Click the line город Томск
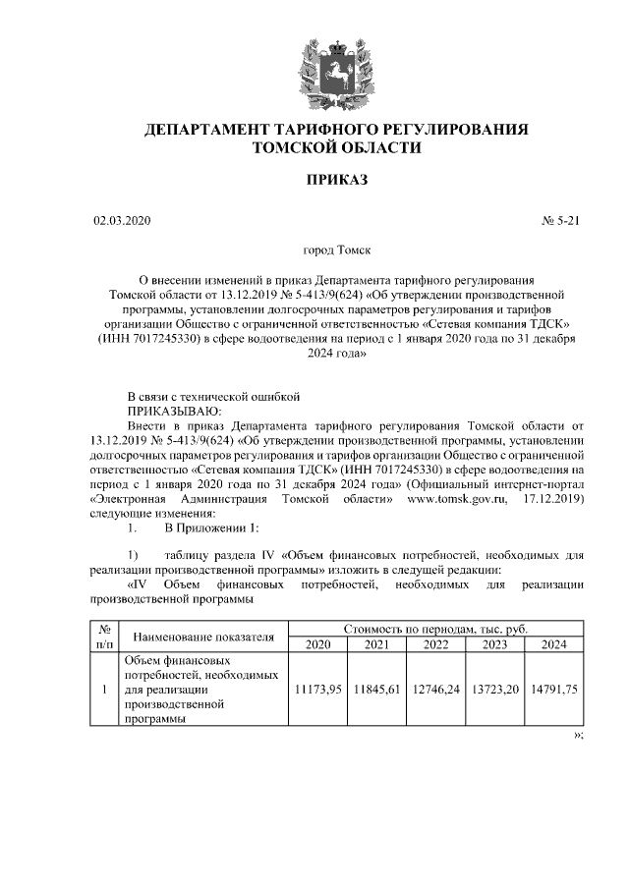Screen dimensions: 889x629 click(x=336, y=252)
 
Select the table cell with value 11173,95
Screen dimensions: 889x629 click(x=317, y=690)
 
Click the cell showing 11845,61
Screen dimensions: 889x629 click(x=376, y=690)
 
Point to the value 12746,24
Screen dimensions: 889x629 click(x=435, y=690)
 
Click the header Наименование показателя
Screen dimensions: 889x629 click(x=202, y=636)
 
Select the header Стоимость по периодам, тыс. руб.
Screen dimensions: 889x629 click(x=435, y=628)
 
